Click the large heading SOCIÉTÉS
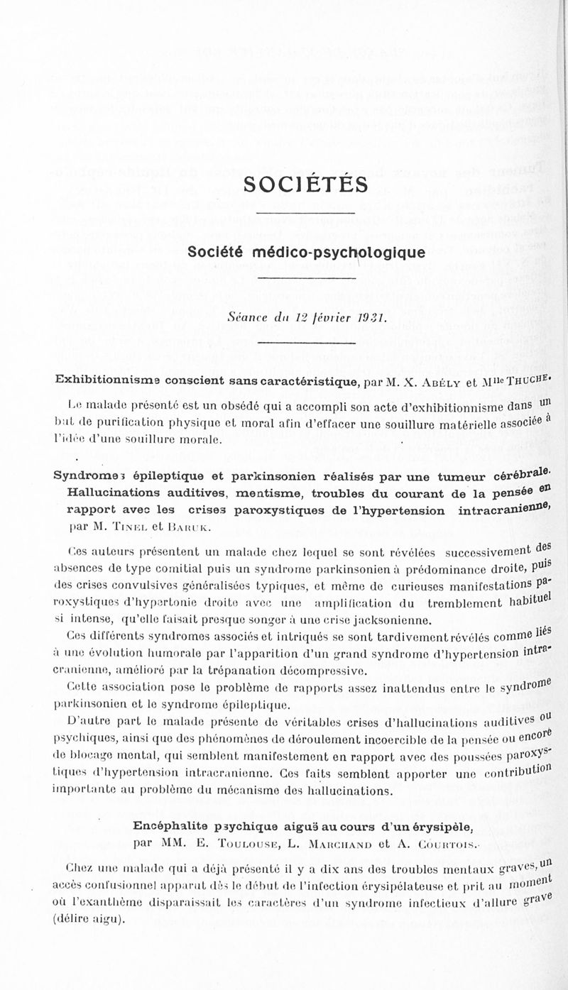[x=305, y=185]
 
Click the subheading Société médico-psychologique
[x=306, y=253]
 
